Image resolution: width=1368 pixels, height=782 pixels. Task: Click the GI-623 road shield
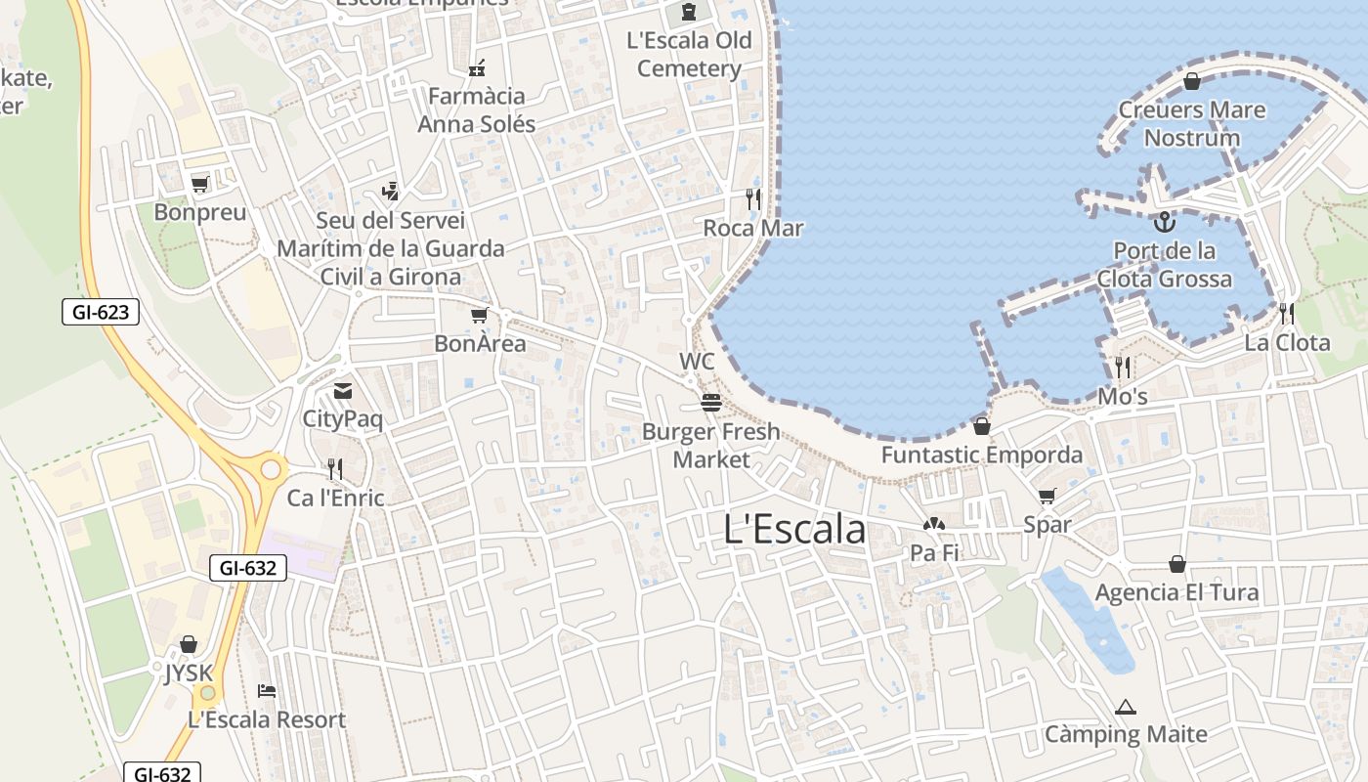tap(101, 312)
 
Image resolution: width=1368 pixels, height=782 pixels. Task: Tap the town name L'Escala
tap(794, 529)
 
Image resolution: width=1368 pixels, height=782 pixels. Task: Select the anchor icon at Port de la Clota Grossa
tap(1163, 222)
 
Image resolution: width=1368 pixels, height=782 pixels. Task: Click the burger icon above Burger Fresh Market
tap(710, 403)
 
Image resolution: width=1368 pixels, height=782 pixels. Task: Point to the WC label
tap(697, 362)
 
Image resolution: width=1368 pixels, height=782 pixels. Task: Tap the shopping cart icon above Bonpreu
tap(200, 184)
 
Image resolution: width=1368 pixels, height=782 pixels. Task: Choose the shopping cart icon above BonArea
tap(479, 315)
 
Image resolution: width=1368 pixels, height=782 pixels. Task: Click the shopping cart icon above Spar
tap(1047, 496)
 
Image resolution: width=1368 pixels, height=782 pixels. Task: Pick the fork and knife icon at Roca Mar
tap(752, 199)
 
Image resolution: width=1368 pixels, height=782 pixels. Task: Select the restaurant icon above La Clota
tap(1287, 314)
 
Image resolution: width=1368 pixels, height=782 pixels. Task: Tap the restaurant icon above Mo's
tap(1123, 368)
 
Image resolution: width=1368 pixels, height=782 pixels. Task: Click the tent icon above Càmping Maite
tap(1126, 706)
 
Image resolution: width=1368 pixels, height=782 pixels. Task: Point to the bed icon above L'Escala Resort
tap(267, 690)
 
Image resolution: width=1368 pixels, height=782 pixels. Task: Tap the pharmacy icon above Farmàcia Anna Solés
tap(477, 67)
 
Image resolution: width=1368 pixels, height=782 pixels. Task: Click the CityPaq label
tap(343, 419)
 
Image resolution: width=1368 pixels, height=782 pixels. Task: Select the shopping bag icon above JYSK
tap(189, 644)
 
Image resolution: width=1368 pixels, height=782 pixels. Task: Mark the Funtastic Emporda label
tap(982, 455)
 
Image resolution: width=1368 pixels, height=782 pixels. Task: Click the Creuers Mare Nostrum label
tap(1192, 123)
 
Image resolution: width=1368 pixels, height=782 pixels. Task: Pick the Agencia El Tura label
tap(1176, 592)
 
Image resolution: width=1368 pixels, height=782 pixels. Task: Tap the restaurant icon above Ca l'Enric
tap(335, 469)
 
